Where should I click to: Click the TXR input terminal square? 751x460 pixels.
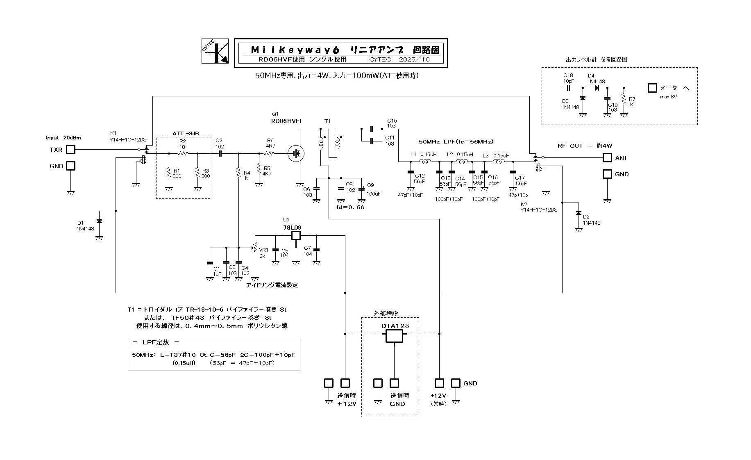click(x=71, y=150)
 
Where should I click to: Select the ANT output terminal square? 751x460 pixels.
click(x=607, y=158)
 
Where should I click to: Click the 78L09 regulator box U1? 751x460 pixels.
click(x=296, y=235)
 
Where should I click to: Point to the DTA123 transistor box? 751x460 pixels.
click(x=394, y=336)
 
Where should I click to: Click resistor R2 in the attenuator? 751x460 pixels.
click(x=183, y=154)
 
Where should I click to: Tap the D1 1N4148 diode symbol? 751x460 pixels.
click(x=99, y=221)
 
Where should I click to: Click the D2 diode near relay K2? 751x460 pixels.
click(x=579, y=213)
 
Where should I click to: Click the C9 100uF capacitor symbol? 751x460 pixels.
click(x=361, y=189)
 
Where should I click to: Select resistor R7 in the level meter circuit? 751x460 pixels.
click(x=624, y=100)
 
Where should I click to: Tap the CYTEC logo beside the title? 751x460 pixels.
click(x=215, y=51)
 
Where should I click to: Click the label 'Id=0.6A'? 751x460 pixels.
click(x=351, y=207)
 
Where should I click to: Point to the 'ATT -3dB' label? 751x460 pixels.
click(x=184, y=134)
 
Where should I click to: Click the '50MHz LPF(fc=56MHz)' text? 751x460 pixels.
click(x=456, y=141)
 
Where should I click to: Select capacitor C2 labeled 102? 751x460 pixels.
click(x=220, y=154)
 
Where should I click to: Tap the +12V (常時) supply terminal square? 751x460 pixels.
click(x=439, y=383)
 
